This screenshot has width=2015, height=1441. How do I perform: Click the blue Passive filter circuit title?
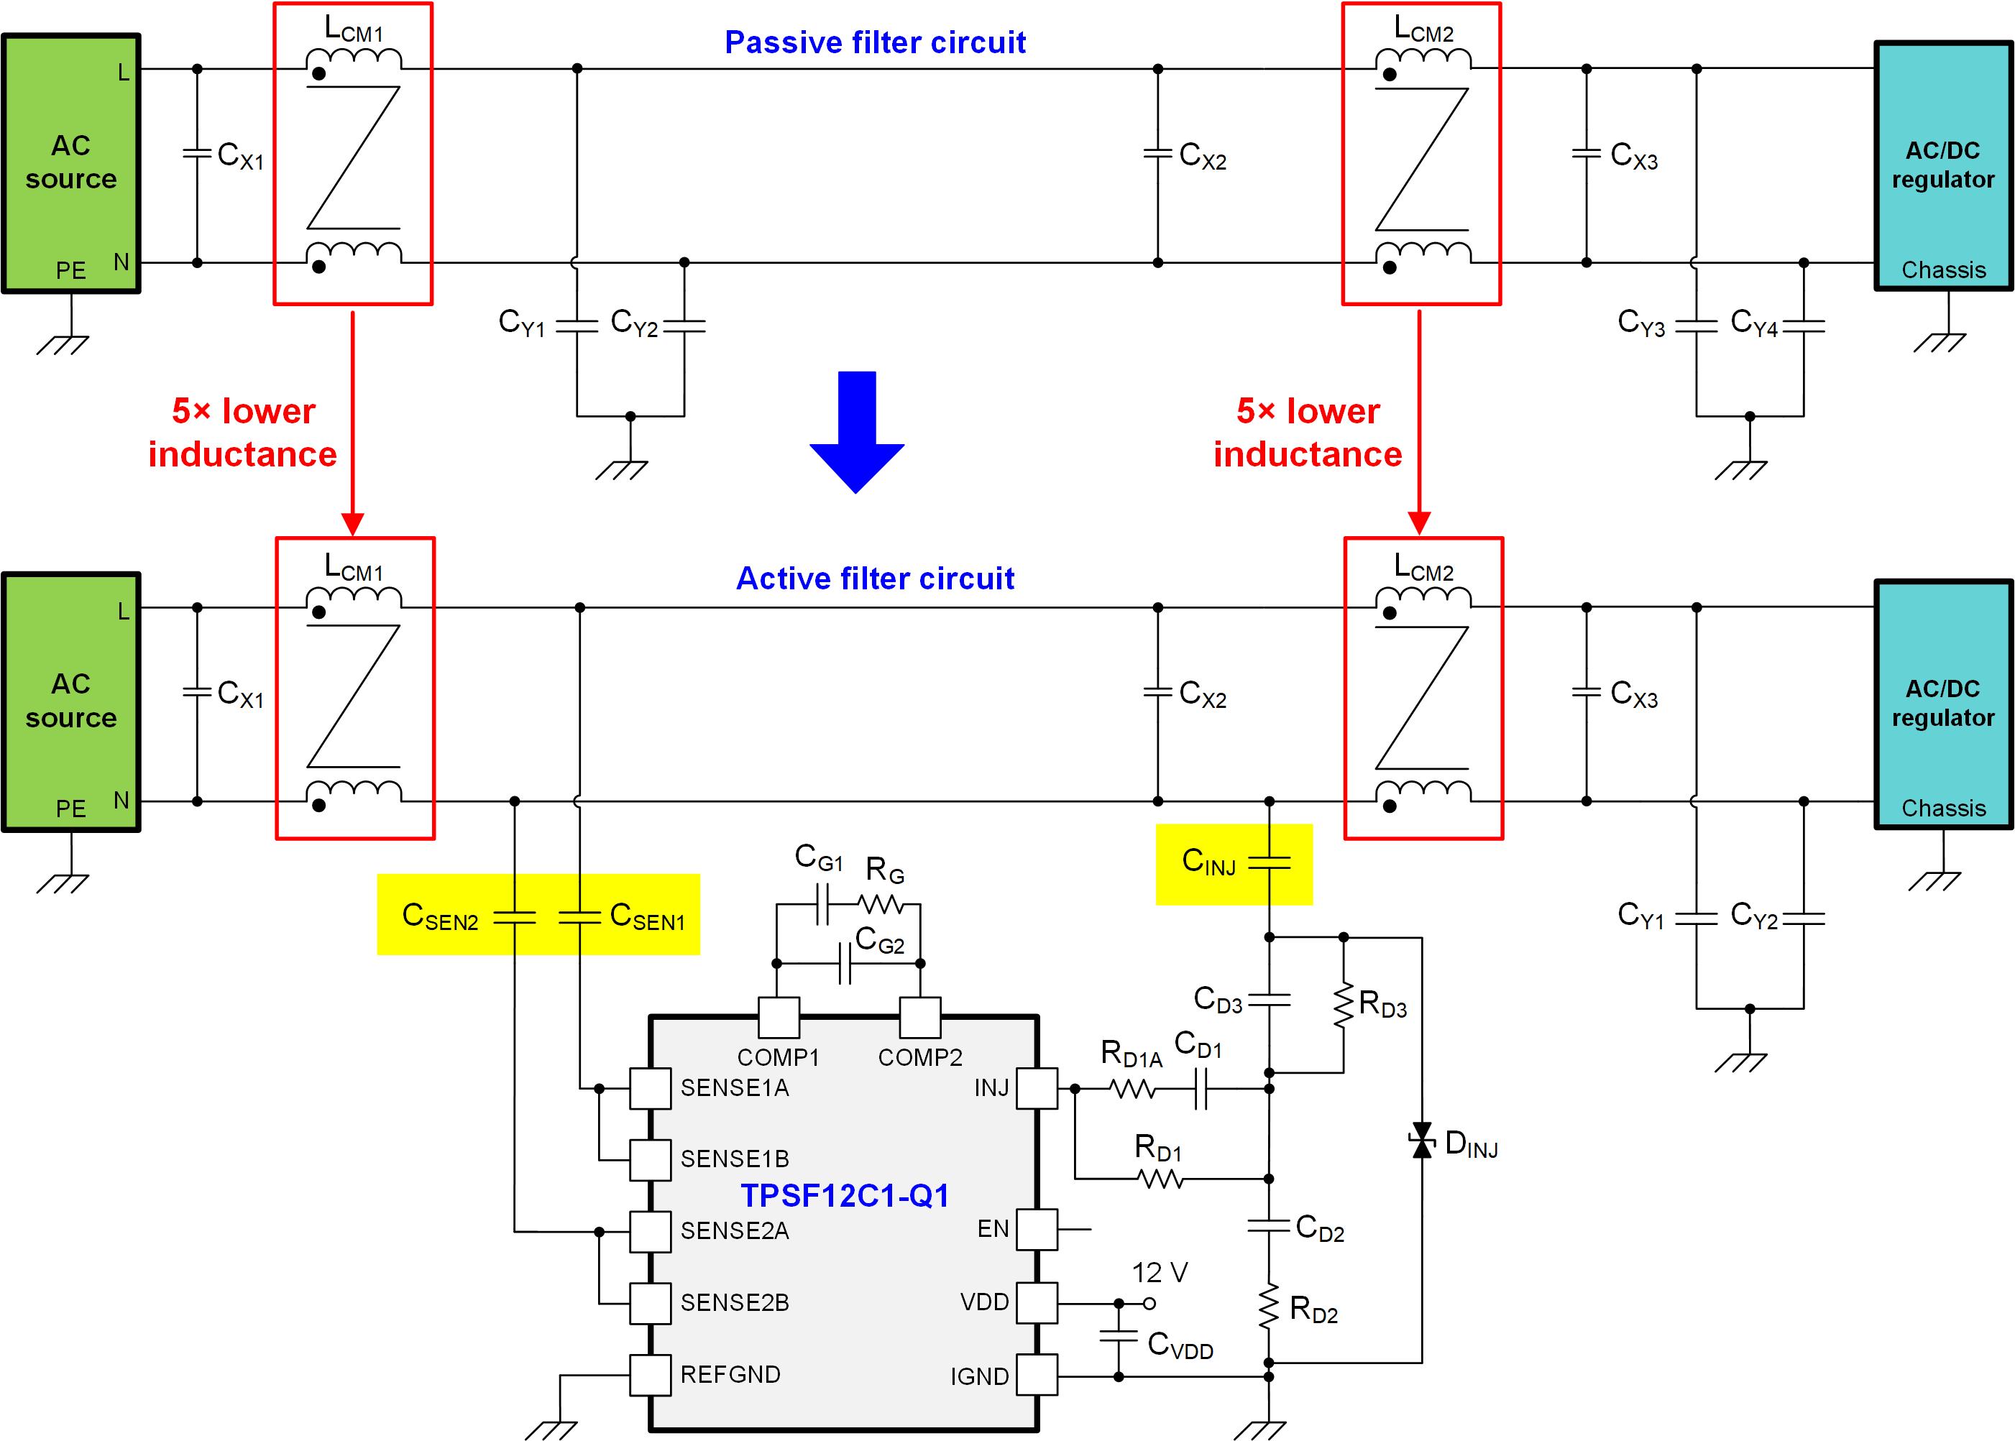pos(875,42)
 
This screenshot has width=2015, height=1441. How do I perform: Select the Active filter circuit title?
pos(875,579)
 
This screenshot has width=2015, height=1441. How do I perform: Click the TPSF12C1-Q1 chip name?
pos(845,1195)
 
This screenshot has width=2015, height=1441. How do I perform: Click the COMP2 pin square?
pos(920,1017)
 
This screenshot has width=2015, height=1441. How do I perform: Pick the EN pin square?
pos(1037,1229)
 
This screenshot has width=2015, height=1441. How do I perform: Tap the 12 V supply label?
pos(1159,1272)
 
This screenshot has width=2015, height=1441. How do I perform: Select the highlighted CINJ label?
pos(1208,861)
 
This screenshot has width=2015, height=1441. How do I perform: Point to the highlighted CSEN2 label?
pos(440,916)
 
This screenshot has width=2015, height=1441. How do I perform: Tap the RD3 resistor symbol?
pos(1344,1005)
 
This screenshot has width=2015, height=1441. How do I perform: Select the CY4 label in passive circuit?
pos(1753,323)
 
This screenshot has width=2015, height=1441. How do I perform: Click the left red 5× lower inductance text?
pos(242,432)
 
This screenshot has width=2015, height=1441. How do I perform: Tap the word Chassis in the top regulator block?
pos(1943,270)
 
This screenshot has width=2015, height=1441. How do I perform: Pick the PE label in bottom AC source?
pos(71,809)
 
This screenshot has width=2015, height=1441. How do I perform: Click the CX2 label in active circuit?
pos(1202,694)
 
